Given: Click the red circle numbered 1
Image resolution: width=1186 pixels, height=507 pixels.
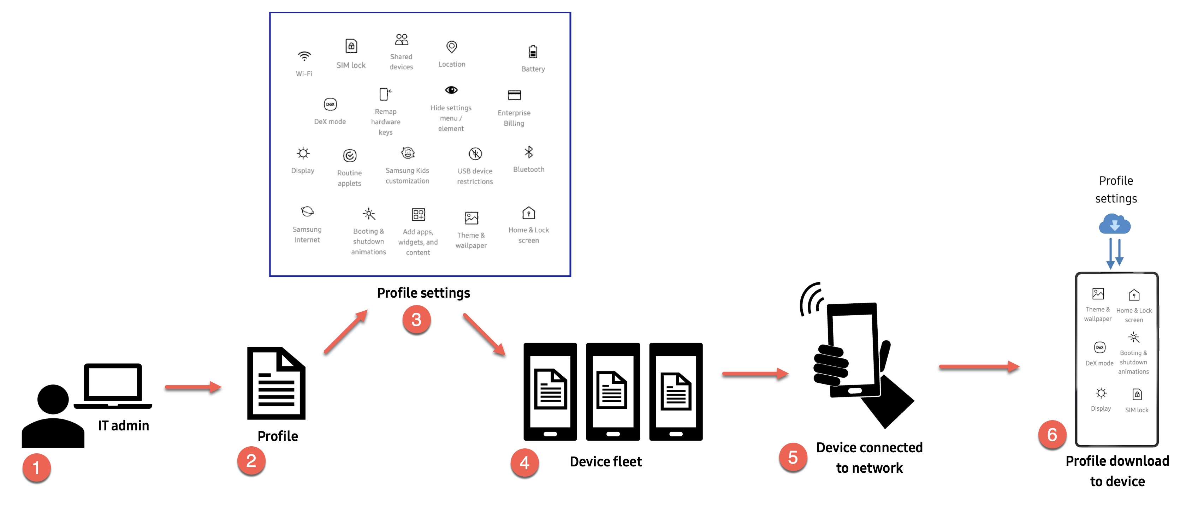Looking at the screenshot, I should (36, 468).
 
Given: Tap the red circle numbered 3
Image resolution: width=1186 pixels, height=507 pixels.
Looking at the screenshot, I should (416, 320).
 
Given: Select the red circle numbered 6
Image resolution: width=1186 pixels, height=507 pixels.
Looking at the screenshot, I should (1052, 435).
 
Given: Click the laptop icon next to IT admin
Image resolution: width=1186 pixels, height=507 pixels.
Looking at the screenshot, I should (113, 386).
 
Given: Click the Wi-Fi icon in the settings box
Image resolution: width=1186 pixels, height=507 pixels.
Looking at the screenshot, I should (304, 56).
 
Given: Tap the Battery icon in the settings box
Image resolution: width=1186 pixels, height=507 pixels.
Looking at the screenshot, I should (533, 52).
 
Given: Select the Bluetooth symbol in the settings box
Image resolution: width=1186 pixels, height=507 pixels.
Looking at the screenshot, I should (528, 152).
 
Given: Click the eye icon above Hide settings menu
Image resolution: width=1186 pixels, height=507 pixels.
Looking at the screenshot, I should (451, 90).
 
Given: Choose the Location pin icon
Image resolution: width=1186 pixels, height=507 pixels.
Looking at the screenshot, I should (452, 47).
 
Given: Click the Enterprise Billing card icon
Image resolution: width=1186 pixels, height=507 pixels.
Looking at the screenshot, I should (514, 95).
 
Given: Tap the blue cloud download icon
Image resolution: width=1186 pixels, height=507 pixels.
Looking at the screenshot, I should (1115, 225).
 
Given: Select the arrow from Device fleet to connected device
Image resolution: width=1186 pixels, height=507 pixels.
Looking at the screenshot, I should (755, 374).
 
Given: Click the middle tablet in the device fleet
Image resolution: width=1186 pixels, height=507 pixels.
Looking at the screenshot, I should (613, 392).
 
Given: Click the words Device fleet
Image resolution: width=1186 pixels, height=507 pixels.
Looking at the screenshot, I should (605, 461).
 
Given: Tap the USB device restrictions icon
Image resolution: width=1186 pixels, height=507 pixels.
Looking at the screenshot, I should (475, 154).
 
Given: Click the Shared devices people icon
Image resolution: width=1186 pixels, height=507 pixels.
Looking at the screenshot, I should (402, 40).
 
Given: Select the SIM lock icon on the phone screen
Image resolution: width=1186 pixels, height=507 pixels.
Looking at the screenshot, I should (1137, 394).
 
